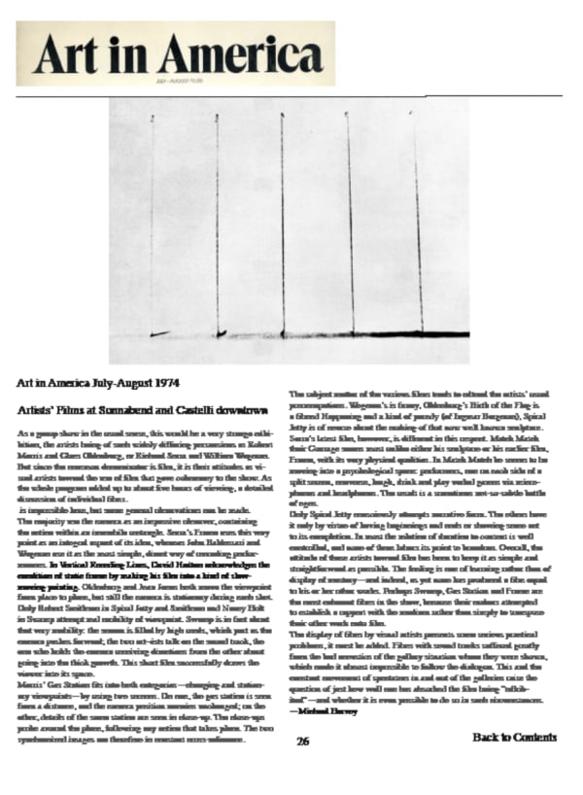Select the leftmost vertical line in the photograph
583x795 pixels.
[153, 224]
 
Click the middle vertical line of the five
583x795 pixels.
[283, 224]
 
